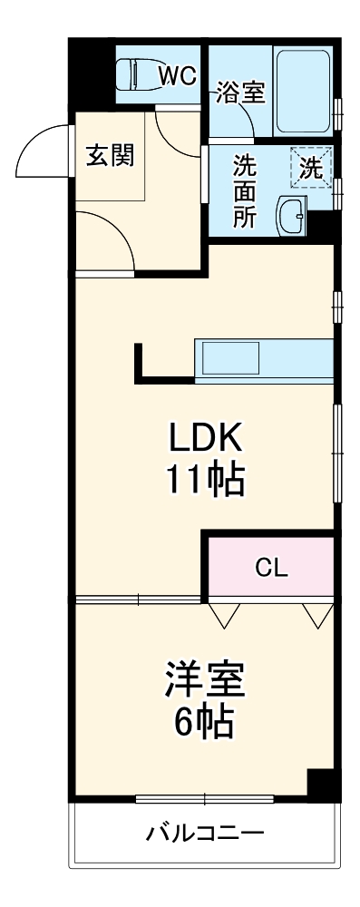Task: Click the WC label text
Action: (x=177, y=76)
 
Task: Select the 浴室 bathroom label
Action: (x=240, y=93)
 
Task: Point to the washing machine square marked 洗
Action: (x=312, y=167)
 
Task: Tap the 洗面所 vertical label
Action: (x=245, y=191)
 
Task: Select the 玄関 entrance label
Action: (x=110, y=155)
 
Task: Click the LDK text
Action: (x=204, y=440)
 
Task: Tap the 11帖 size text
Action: (x=204, y=480)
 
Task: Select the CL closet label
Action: (x=271, y=569)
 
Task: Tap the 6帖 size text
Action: (x=205, y=722)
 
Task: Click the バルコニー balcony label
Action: (x=205, y=834)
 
